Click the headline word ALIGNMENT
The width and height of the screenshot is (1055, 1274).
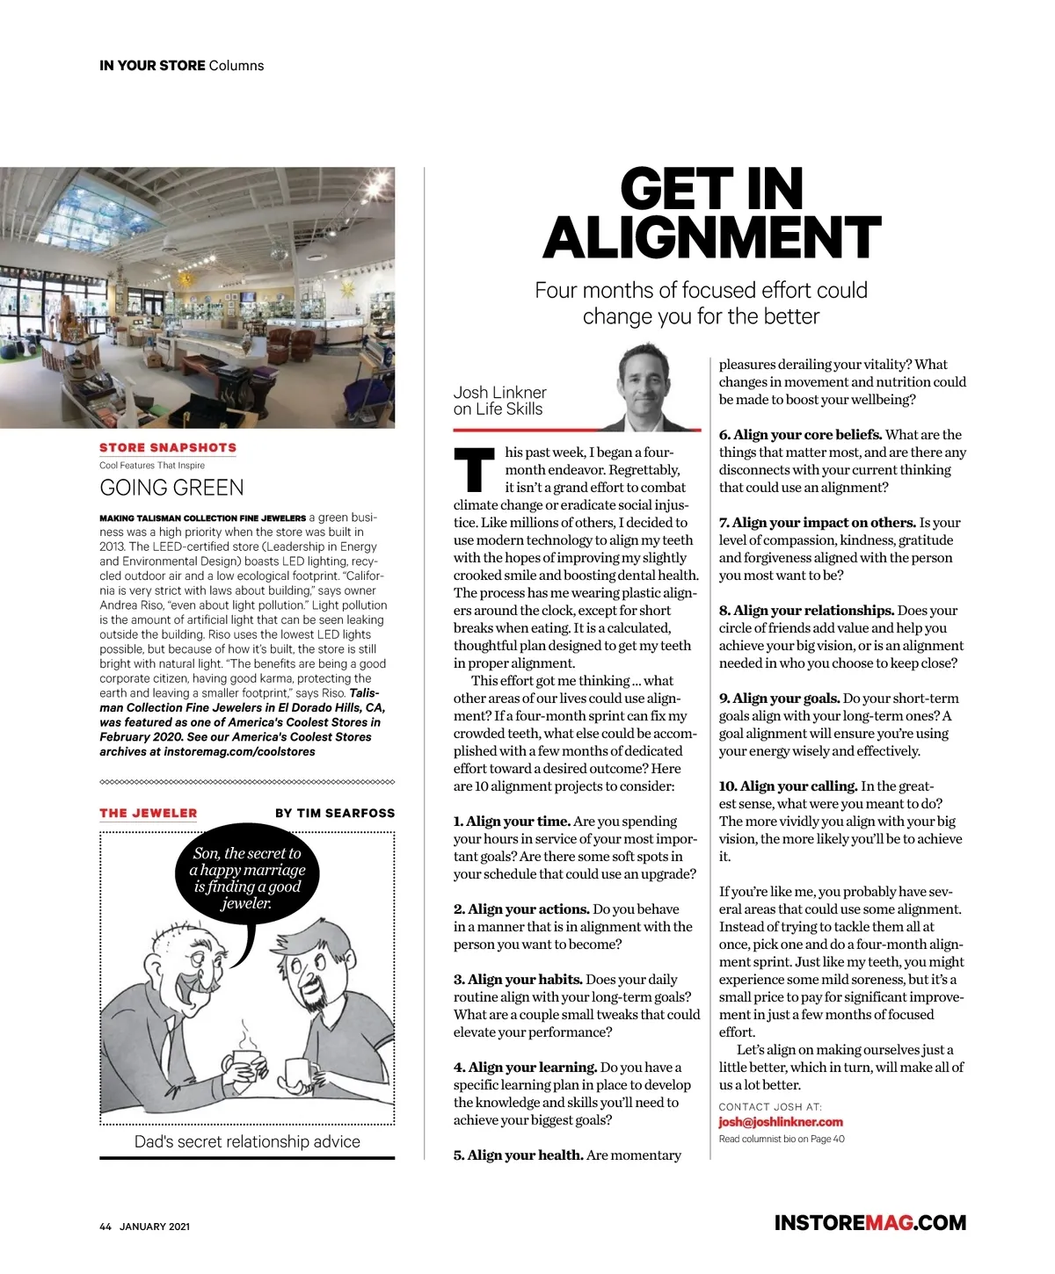[x=711, y=238]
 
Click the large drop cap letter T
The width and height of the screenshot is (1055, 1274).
[x=474, y=470]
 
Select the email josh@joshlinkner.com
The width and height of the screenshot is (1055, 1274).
[x=781, y=1122]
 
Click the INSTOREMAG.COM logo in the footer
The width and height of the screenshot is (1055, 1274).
[x=869, y=1223]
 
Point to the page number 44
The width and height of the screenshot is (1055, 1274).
[x=105, y=1227]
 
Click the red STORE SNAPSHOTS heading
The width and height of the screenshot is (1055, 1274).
[x=168, y=447]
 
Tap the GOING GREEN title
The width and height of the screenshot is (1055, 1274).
[x=171, y=488]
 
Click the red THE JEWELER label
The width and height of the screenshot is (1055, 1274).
[x=149, y=814]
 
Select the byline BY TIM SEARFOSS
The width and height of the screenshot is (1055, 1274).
[x=335, y=814]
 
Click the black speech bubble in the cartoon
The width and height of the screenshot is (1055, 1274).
[x=248, y=875]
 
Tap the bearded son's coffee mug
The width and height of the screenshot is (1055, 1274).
[x=298, y=1074]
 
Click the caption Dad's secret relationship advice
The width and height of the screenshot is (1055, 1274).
[x=247, y=1141]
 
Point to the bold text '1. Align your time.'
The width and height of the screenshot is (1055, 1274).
[x=512, y=822]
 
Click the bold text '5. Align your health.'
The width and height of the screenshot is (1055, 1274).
[x=518, y=1155]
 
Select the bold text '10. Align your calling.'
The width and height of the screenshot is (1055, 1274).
[x=788, y=786]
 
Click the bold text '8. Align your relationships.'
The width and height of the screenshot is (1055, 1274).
[x=806, y=611]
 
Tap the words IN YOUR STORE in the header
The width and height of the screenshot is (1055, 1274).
[x=152, y=66]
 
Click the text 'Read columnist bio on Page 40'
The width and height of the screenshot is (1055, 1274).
[x=782, y=1139]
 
